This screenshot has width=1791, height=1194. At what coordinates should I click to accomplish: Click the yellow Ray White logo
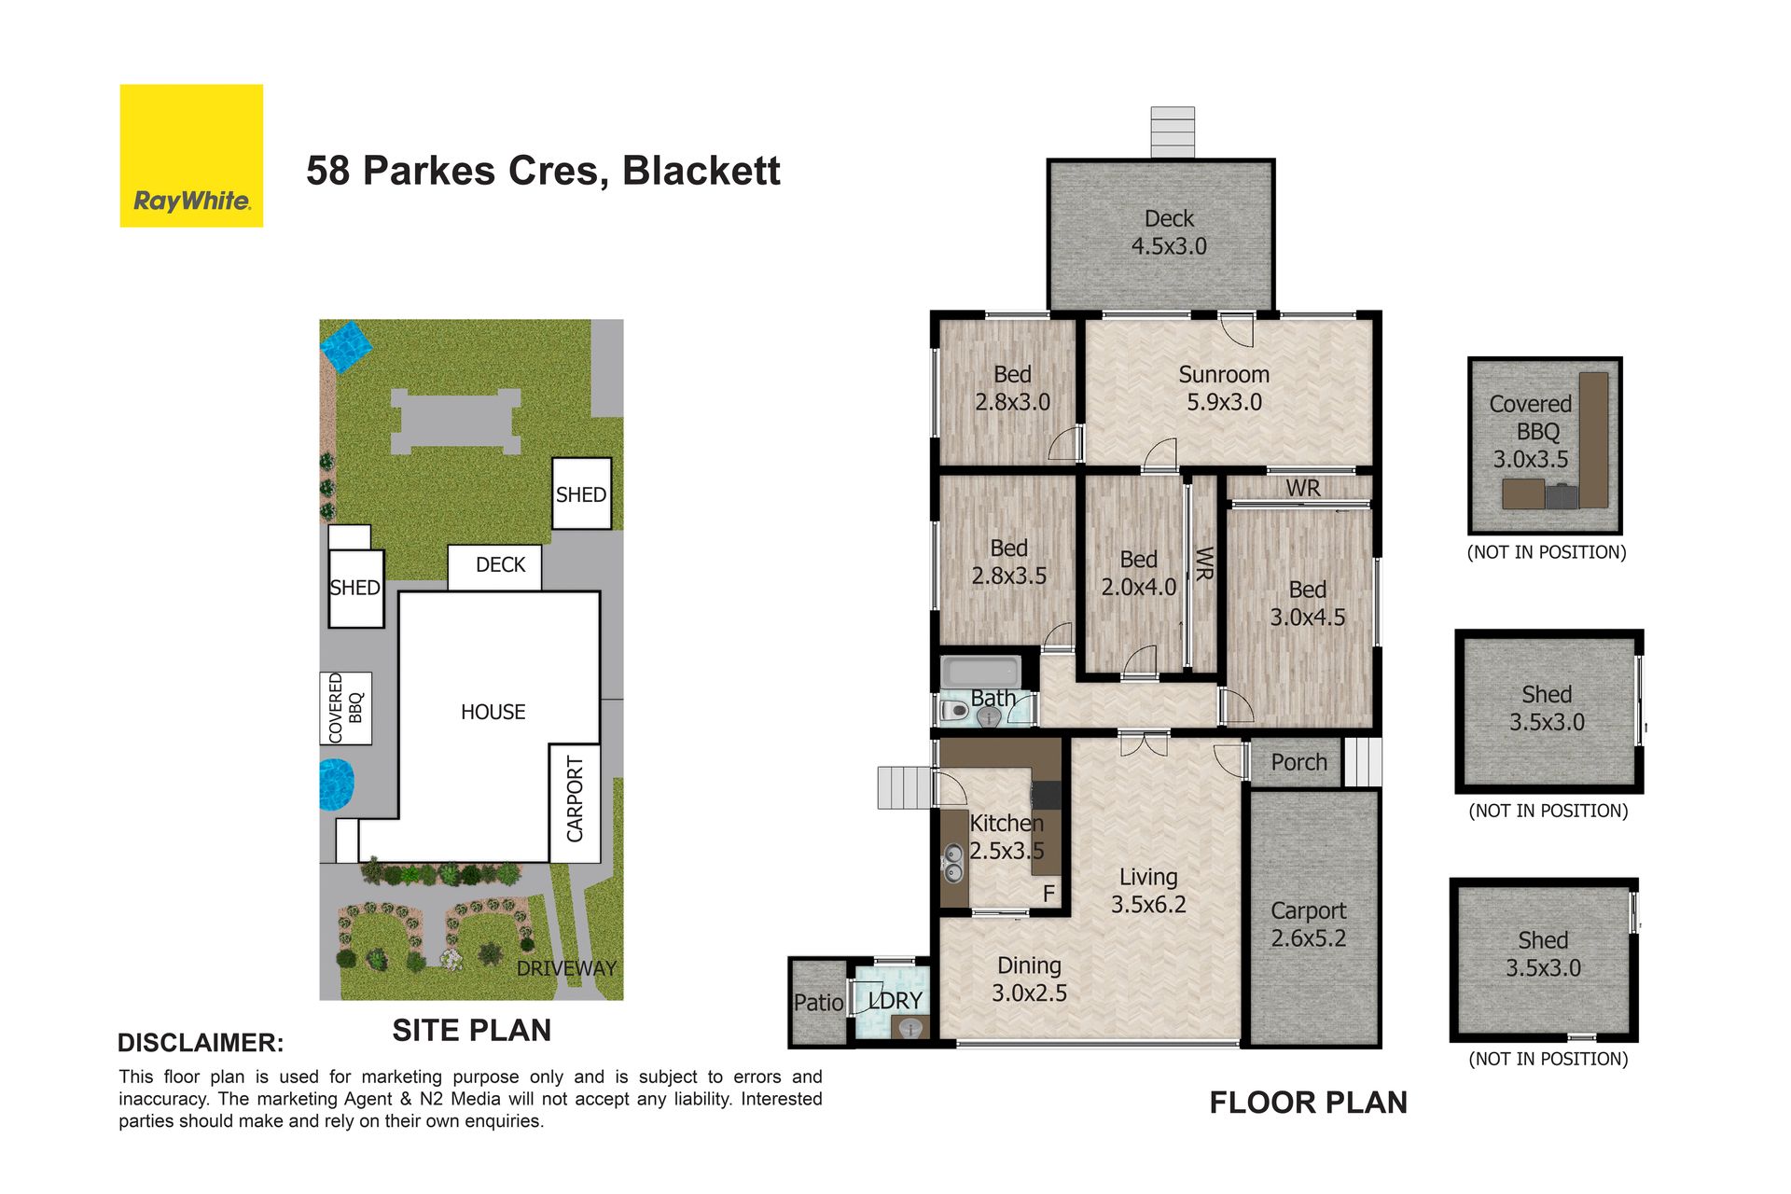[x=191, y=156]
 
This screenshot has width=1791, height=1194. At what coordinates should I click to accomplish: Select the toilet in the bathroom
[x=954, y=711]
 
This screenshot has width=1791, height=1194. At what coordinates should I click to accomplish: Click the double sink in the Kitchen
[x=953, y=863]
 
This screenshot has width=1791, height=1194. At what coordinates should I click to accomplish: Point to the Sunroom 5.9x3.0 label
[x=1224, y=388]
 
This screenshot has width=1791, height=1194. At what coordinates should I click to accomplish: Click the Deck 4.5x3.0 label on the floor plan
[x=1169, y=232]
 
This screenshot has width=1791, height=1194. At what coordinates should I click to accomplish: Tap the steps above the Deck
[x=1173, y=132]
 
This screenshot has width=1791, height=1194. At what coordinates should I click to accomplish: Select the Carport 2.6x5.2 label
[x=1309, y=924]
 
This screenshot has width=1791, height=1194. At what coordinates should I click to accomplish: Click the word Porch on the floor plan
[x=1298, y=762]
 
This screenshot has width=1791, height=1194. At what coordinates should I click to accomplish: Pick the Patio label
[x=818, y=1003]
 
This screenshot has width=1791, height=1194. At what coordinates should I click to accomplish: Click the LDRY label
[x=895, y=1001]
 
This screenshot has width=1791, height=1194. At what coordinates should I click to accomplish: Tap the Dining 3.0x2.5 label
[x=1029, y=979]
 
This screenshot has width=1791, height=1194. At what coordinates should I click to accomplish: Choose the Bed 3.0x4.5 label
[x=1308, y=603]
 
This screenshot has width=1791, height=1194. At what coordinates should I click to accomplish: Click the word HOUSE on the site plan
[x=493, y=712]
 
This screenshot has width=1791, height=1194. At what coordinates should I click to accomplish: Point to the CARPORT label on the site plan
[x=575, y=799]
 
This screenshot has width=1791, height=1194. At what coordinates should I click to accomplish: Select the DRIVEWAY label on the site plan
[x=566, y=968]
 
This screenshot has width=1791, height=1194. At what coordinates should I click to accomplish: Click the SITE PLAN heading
[x=471, y=1030]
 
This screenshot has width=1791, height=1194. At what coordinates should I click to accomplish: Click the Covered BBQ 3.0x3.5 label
[x=1531, y=431]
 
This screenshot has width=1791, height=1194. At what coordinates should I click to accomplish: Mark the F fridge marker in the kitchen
[x=1048, y=894]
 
